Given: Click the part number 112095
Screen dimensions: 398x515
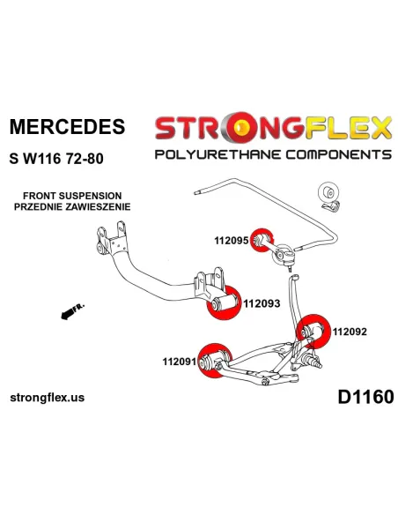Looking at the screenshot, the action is (231, 241).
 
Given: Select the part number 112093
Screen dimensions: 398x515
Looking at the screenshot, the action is (262, 303).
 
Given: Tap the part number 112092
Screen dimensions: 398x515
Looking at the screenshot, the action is (350, 332).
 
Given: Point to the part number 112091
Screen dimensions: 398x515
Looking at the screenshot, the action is (180, 362).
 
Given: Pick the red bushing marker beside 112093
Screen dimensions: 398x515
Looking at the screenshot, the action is (223, 302).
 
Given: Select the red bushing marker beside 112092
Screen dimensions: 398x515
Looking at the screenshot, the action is (313, 331).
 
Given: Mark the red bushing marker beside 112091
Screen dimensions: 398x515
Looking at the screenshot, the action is (215, 361).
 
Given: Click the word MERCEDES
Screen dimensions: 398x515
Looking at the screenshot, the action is (67, 126).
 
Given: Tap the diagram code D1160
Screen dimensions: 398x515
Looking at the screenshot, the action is (365, 397).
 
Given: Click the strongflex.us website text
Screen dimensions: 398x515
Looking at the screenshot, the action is (48, 398).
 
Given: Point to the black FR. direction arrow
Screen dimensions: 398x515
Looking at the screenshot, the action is (72, 311).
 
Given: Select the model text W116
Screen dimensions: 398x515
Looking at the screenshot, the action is (42, 159).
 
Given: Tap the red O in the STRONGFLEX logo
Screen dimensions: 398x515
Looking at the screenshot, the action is (241, 127).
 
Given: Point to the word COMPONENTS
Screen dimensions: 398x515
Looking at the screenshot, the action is (339, 154).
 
